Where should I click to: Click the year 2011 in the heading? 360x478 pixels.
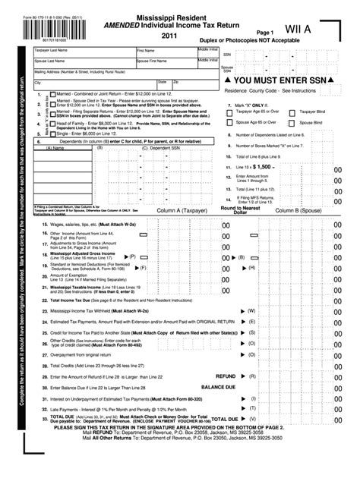[171, 35]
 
